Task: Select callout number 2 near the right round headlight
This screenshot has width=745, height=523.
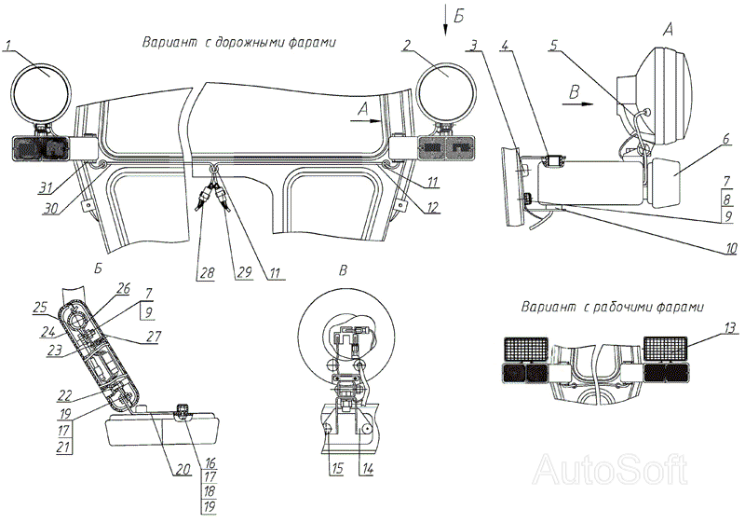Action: pyautogui.click(x=408, y=45)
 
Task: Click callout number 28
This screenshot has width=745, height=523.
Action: pyautogui.click(x=205, y=272)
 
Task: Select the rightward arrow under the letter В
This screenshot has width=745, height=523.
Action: pyautogui.click(x=579, y=105)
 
